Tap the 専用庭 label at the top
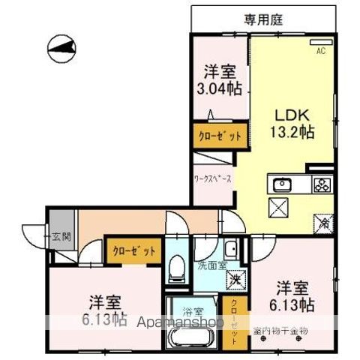pos(262,20)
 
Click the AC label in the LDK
pos(320,51)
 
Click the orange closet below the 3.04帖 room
pos(219,136)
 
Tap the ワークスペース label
pos(212,180)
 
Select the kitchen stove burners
pos(322,184)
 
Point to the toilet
pos(178,268)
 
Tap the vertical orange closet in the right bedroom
pos(234,321)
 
